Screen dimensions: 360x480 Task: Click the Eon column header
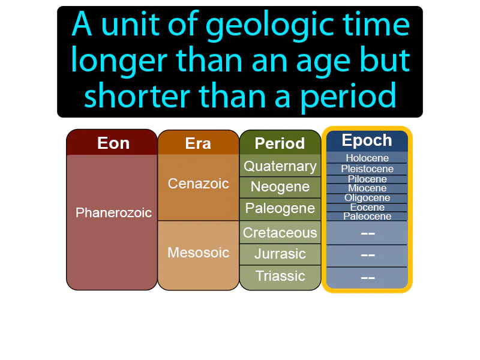click(113, 143)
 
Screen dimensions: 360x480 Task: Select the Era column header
click(198, 144)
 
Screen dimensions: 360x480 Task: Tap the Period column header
click(280, 144)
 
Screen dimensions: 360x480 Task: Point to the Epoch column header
click(367, 141)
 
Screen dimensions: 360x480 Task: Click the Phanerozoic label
click(113, 213)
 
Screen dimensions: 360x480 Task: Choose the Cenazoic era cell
click(198, 184)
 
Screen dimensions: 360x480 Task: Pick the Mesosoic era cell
click(198, 253)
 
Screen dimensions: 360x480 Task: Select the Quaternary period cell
click(280, 166)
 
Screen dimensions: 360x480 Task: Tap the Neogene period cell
click(280, 187)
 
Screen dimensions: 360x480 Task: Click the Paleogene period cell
click(280, 209)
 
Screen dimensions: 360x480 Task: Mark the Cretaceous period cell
click(280, 233)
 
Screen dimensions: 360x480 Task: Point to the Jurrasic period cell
click(280, 254)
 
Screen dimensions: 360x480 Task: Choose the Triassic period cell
click(280, 276)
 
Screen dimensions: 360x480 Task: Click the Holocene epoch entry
click(367, 158)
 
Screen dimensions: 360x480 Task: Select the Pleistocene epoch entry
click(367, 169)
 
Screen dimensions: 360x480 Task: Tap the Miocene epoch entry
click(367, 188)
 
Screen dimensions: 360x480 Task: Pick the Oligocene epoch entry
click(367, 198)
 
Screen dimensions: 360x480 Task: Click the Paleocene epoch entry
click(367, 217)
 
